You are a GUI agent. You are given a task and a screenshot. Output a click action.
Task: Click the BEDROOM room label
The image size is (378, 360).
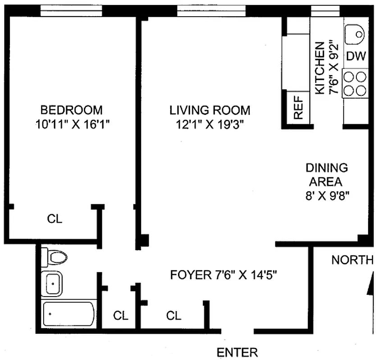71,110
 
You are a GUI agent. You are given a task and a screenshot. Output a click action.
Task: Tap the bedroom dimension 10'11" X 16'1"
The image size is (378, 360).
73,125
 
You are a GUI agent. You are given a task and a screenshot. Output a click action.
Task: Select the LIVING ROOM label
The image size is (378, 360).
210,110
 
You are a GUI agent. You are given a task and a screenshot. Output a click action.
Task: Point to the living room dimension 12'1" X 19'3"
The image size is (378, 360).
210,125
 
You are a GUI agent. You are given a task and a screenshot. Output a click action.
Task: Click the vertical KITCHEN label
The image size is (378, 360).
320,68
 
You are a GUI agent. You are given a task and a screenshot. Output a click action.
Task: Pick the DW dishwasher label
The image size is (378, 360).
356,56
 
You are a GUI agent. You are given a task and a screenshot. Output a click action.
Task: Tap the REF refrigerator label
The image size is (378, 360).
298,108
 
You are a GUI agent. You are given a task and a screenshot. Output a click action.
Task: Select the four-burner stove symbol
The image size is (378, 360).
355,83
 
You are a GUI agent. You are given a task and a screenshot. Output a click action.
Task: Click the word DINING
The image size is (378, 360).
327,168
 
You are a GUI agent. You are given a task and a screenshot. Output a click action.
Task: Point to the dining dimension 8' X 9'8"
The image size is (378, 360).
327,196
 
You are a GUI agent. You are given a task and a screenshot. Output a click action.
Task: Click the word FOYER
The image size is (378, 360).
191,275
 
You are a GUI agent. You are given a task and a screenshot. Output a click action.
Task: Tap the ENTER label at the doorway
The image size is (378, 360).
237,353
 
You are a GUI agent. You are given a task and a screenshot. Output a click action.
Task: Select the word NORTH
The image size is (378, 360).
352,260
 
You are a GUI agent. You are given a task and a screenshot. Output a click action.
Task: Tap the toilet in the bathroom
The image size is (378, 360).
54,257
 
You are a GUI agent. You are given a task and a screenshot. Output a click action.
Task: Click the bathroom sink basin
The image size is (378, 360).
52,283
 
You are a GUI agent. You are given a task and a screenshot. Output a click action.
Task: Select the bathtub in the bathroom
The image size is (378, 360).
68,314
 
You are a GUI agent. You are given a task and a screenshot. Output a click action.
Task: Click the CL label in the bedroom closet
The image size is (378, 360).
55,219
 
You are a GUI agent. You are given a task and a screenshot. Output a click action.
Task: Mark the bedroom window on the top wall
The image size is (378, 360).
71,11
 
